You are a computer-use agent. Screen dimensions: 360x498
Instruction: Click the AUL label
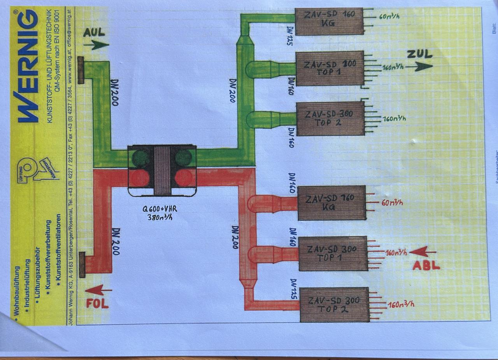coord(94,32)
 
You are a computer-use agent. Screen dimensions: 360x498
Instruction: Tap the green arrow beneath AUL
coord(96,45)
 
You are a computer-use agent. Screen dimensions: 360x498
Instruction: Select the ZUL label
coord(419,54)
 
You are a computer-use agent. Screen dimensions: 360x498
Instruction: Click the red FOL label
coord(97,303)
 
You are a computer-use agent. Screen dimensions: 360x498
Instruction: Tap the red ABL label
coord(426,266)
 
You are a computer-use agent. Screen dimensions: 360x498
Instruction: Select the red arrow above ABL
coord(424,252)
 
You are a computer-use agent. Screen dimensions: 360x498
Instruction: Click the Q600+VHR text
coord(160,209)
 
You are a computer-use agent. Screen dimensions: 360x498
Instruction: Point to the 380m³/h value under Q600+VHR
coord(160,217)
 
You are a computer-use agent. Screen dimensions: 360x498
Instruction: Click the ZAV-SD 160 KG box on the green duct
coord(329,21)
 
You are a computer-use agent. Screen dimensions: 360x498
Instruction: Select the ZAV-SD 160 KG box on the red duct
coord(331,203)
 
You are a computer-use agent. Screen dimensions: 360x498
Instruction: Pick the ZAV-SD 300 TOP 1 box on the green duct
coord(330,68)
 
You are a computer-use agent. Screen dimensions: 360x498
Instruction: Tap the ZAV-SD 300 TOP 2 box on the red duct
coord(334,305)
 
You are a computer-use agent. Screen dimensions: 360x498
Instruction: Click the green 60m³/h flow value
coord(390,17)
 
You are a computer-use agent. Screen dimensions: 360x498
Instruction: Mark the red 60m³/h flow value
coord(392,202)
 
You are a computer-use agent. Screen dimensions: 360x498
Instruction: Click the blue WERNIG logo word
coord(28,66)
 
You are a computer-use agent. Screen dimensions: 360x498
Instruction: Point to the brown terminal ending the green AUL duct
coord(81,70)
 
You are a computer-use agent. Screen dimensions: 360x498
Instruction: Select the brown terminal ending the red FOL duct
coord(82,265)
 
